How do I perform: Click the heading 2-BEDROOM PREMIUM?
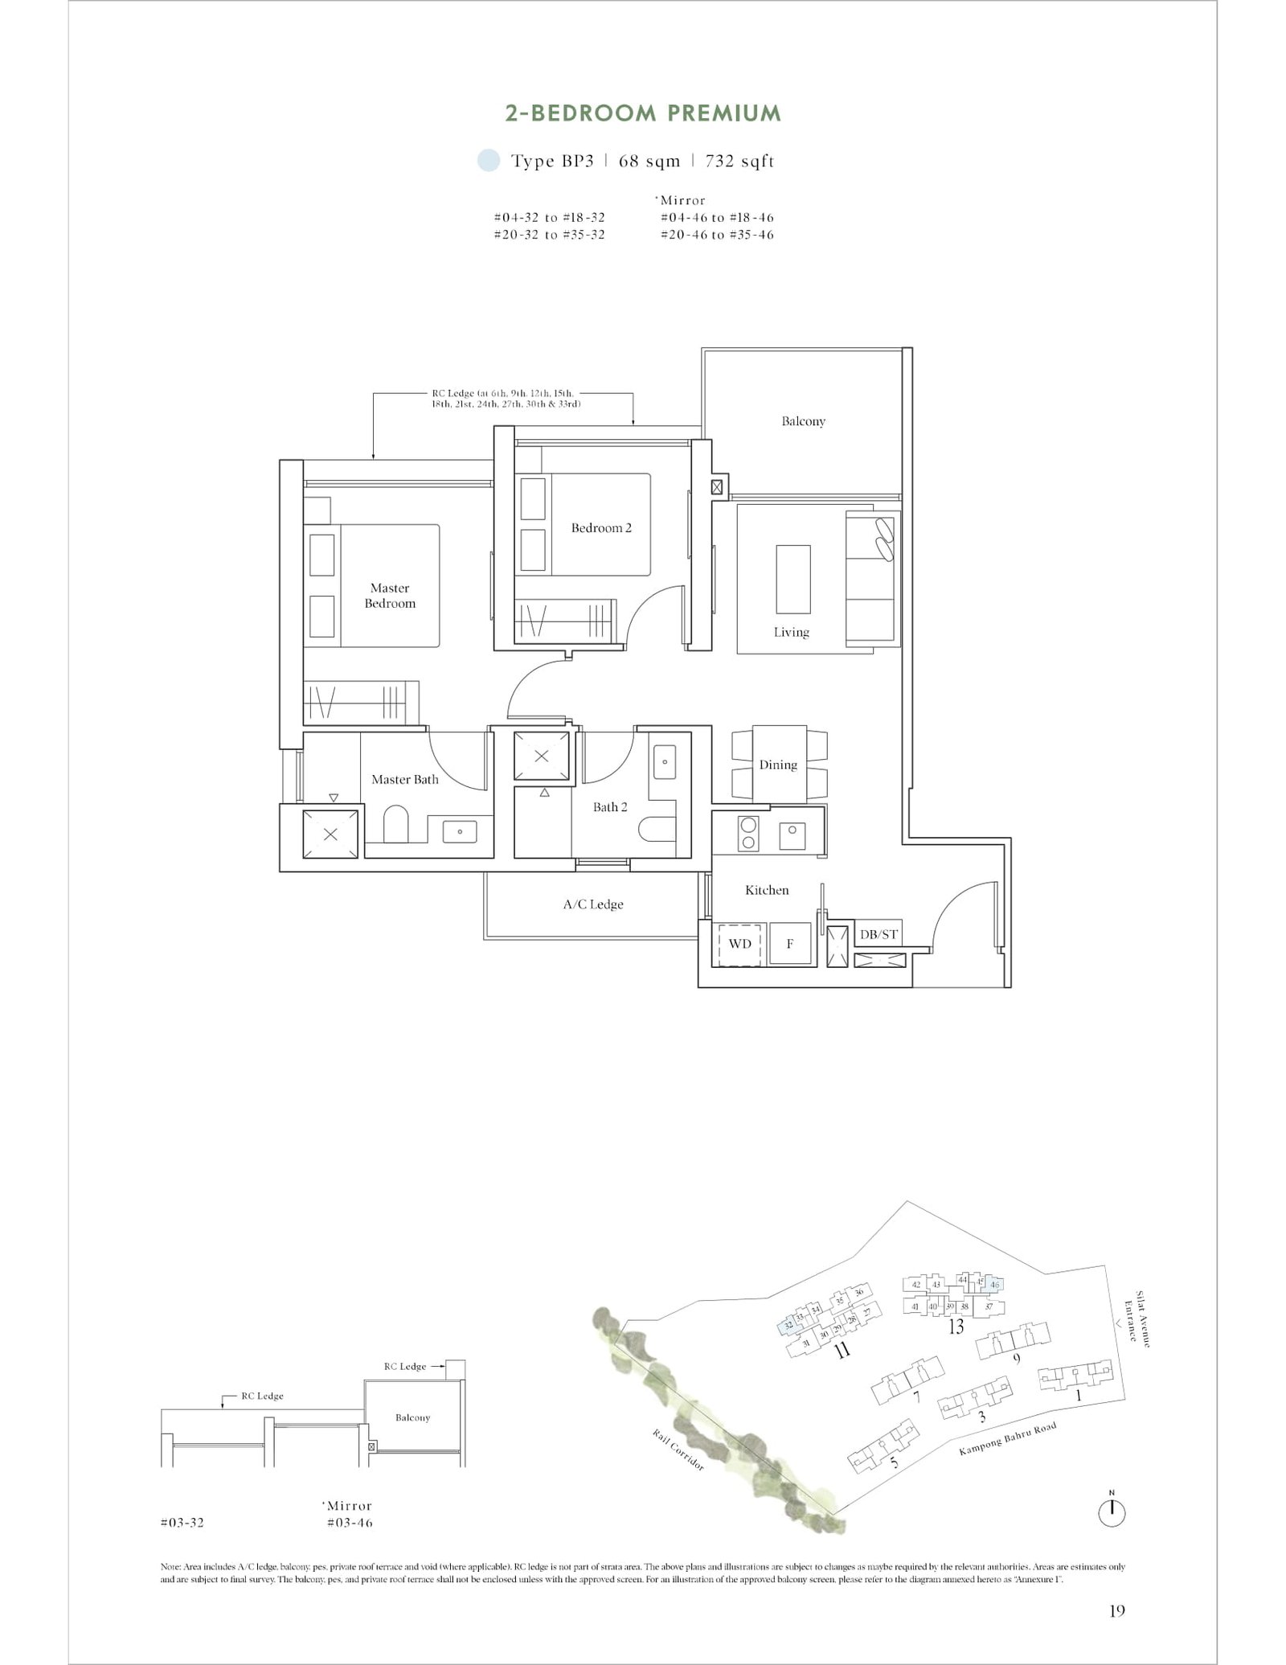pyautogui.click(x=642, y=113)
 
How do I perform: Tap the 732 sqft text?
pyautogui.click(x=739, y=161)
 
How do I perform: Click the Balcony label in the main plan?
pyautogui.click(x=803, y=421)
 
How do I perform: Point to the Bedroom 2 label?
pyautogui.click(x=601, y=528)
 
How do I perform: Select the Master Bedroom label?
pyautogui.click(x=390, y=596)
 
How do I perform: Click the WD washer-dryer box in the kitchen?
pyautogui.click(x=739, y=943)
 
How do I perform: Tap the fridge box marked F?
pyautogui.click(x=789, y=943)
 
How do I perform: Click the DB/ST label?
pyautogui.click(x=878, y=934)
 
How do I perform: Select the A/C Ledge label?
pyautogui.click(x=593, y=904)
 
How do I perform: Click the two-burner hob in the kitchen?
pyautogui.click(x=748, y=833)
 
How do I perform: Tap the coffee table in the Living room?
pyautogui.click(x=792, y=579)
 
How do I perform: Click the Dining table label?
pyautogui.click(x=778, y=765)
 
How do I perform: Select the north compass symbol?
pyautogui.click(x=1112, y=1513)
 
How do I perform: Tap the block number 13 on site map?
pyautogui.click(x=955, y=1327)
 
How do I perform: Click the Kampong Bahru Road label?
pyautogui.click(x=1007, y=1440)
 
